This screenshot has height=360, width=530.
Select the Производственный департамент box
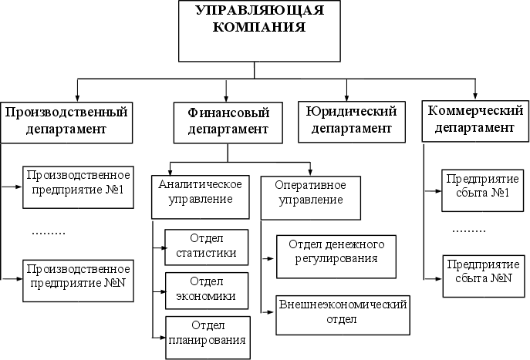(66, 122)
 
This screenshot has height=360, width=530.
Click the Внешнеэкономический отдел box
(342, 312)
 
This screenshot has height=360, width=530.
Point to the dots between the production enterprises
(49, 231)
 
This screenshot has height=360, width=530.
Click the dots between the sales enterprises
(469, 230)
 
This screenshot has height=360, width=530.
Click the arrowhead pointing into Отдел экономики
(163, 293)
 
